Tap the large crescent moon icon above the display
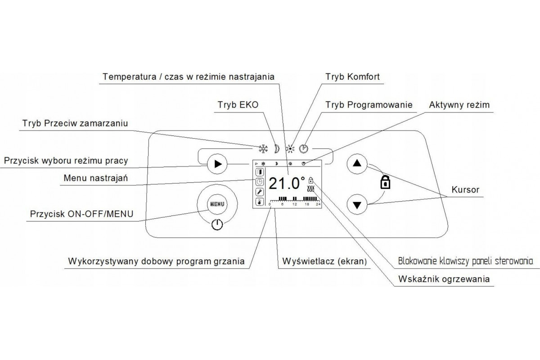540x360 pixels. pos(275,149)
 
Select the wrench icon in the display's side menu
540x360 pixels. pos(260,192)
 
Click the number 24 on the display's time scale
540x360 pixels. pos(318,205)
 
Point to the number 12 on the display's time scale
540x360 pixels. pos(295,205)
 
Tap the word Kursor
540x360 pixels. pos(465,189)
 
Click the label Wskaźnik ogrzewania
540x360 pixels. pos(444,279)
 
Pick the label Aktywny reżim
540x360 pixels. pos(459,105)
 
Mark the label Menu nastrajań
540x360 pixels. pos(96,179)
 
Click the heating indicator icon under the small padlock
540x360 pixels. pos(310,189)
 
